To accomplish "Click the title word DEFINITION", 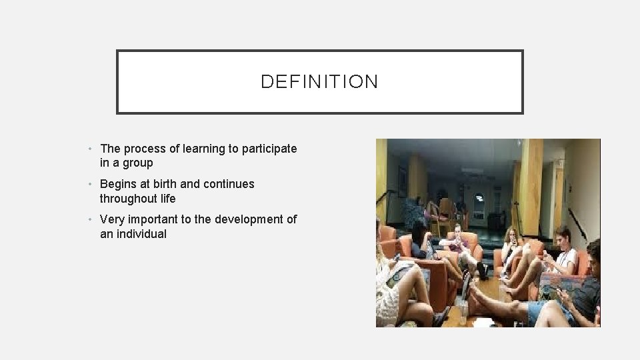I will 319,82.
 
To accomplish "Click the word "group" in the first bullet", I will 137,163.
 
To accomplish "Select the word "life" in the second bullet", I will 167,198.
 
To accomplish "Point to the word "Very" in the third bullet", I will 112,219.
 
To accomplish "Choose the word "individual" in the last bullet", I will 143,234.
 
